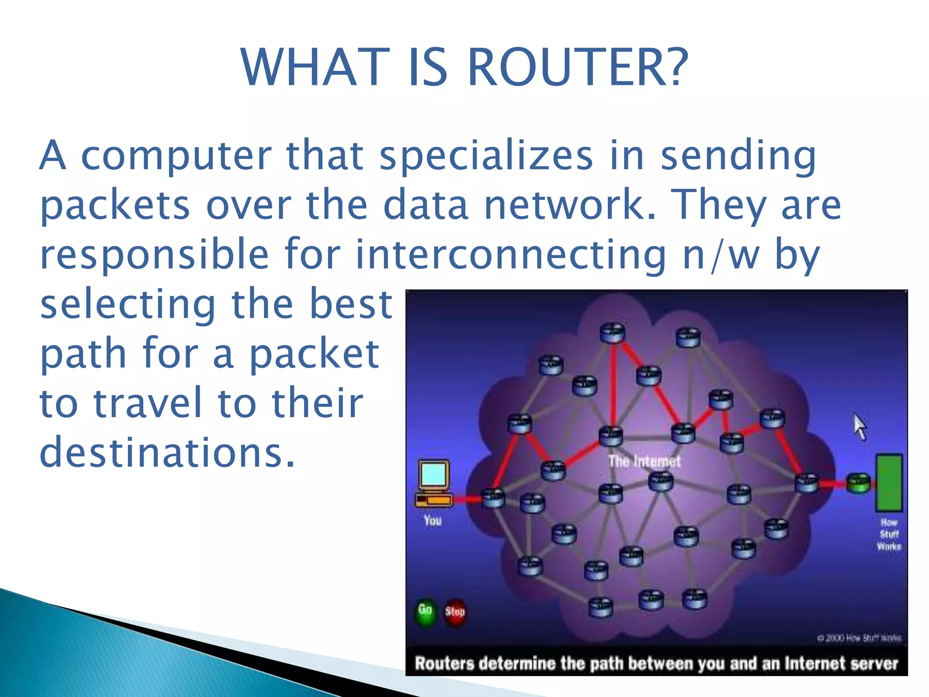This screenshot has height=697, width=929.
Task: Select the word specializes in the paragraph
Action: pos(486,156)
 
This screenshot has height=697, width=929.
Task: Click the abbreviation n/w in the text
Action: pos(721,255)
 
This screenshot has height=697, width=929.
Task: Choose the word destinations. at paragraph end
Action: pos(167,452)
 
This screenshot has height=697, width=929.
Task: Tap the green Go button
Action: pos(425,611)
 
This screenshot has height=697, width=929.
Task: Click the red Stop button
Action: pos(455,613)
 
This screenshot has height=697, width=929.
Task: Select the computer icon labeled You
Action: pos(434,484)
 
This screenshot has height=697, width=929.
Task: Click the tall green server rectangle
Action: pos(889,483)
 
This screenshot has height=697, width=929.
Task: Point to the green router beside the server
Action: pos(859,483)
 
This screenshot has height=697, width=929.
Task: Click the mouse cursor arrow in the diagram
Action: pos(859,426)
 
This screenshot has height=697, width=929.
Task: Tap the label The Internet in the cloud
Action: pos(644,462)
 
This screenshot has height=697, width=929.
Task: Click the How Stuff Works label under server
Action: pos(889,535)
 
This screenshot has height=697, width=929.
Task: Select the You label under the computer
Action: pos(432,520)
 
